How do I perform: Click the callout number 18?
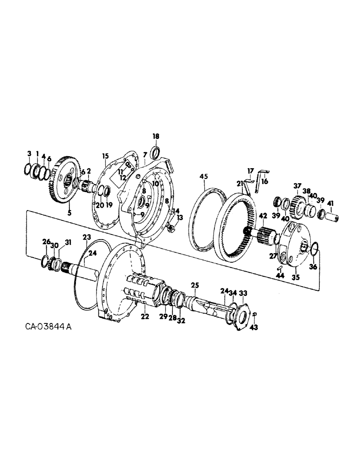coord(156,136)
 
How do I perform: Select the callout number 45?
coord(203,176)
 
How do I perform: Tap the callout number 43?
coord(254,328)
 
